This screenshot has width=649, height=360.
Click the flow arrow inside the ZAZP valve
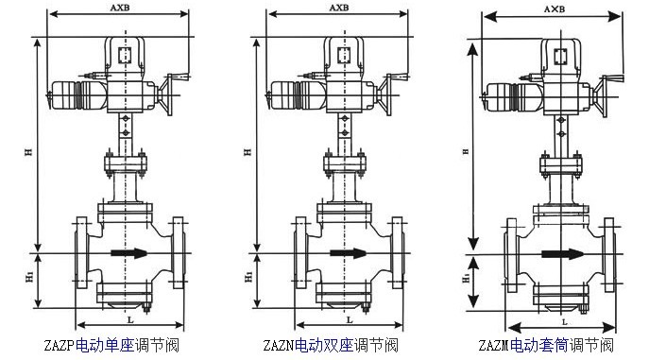(129, 253)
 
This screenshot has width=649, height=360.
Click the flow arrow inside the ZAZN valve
(348, 253)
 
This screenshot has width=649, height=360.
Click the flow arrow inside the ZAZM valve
(562, 254)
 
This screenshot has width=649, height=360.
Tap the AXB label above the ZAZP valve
(120, 8)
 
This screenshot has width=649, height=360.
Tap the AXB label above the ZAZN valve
(339, 8)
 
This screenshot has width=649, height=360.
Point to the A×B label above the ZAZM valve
(555, 9)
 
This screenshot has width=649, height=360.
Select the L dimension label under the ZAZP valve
(130, 319)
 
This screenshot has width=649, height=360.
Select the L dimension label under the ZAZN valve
(350, 319)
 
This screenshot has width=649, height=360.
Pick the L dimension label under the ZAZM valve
(564, 322)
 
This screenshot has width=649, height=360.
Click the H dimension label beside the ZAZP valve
(28, 152)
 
